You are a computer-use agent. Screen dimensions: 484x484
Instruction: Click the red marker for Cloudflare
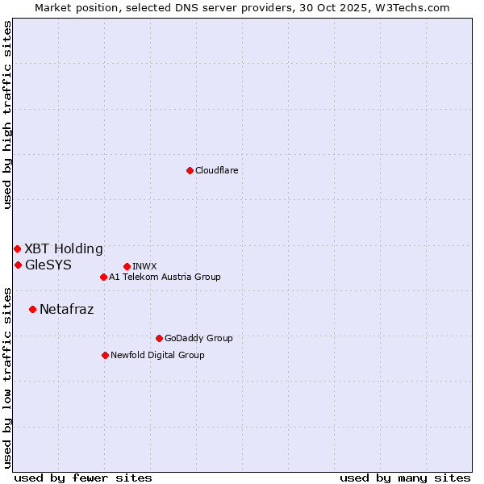coord(190,170)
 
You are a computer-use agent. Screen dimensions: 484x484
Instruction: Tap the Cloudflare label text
coord(216,170)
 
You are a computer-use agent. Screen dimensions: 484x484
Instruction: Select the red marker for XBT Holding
coord(17,248)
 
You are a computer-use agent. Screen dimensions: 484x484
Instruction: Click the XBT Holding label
coord(64,248)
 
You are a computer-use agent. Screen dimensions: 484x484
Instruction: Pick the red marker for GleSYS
coord(18,265)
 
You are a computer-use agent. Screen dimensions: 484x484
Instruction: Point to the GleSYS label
coord(48,265)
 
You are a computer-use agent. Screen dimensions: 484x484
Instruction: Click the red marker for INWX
coord(127,266)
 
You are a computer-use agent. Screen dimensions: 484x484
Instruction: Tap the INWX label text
coord(144,266)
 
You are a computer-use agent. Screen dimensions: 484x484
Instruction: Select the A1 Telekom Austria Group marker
coord(103,277)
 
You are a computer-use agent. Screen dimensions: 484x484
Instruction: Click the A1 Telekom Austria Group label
coord(165,277)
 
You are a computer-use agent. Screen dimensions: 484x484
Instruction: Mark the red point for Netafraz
coord(32,309)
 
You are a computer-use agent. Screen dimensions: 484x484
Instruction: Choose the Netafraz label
coord(66,309)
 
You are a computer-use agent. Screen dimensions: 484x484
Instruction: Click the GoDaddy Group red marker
coord(159,338)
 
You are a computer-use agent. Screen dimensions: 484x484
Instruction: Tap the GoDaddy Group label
coord(198,338)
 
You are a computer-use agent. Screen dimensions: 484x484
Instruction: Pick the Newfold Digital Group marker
coord(105,355)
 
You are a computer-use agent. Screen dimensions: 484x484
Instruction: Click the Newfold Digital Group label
coord(157,355)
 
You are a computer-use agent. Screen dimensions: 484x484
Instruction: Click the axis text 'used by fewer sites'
coord(83,478)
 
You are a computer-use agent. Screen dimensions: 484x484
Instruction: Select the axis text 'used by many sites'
coord(405,478)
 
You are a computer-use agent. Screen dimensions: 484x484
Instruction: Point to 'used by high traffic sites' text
coord(7,115)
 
